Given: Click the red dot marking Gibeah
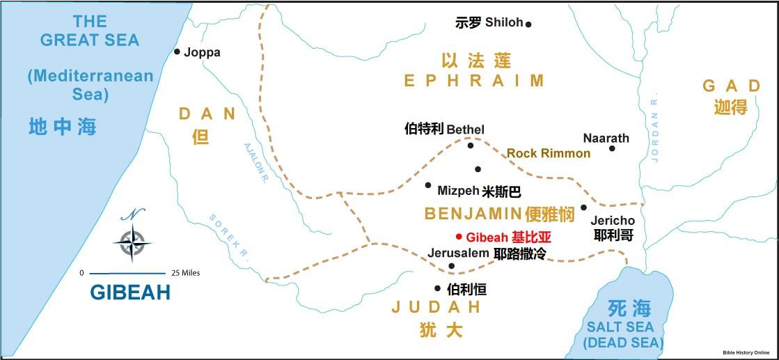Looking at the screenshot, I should pyautogui.click(x=459, y=236).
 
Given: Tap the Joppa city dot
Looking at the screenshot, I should pyautogui.click(x=177, y=52).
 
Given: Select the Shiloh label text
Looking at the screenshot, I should pyautogui.click(x=504, y=23).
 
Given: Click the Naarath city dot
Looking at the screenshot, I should pyautogui.click(x=612, y=148).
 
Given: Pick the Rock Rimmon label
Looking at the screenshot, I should pyautogui.click(x=548, y=153).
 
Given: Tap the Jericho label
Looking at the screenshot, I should pyautogui.click(x=613, y=221).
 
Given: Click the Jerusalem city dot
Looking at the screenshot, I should pyautogui.click(x=451, y=266).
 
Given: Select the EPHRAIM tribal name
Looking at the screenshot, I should pyautogui.click(x=473, y=81).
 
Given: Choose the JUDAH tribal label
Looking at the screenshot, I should pyautogui.click(x=436, y=307).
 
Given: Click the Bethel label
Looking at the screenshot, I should pyautogui.click(x=465, y=130).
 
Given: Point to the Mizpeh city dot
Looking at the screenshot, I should pyautogui.click(x=428, y=185).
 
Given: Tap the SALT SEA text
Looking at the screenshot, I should pyautogui.click(x=619, y=327).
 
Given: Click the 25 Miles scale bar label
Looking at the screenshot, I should pyautogui.click(x=182, y=273).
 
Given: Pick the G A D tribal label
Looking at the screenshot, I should pyautogui.click(x=731, y=86).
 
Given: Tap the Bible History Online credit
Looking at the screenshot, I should pyautogui.click(x=748, y=353).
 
